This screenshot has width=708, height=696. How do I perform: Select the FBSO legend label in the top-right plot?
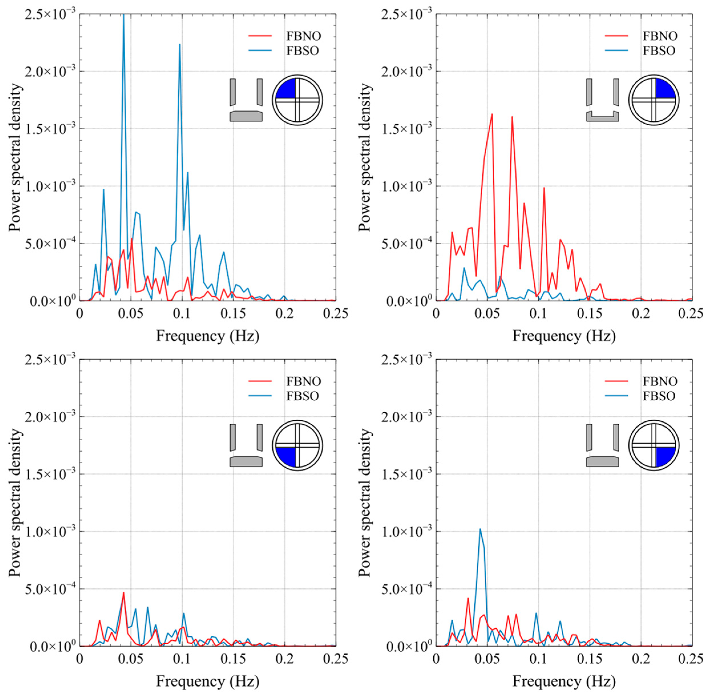(659, 51)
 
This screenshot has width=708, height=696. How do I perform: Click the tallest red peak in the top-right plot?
(492, 114)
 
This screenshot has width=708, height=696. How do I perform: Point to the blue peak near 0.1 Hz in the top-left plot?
(179, 45)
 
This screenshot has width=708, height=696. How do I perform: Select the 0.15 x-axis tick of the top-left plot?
(233, 314)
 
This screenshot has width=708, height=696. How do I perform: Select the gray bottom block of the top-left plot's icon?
(246, 116)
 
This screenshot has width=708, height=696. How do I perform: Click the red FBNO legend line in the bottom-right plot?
(616, 381)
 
